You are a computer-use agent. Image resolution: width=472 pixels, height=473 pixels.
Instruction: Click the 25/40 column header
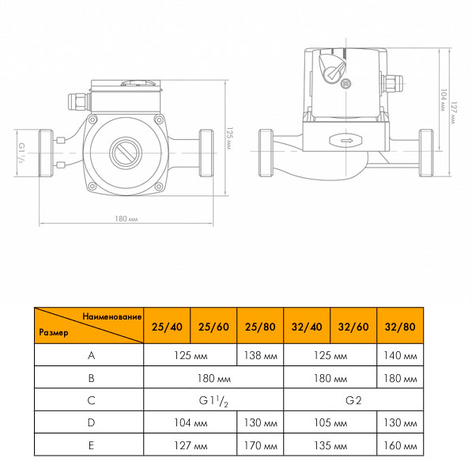167,327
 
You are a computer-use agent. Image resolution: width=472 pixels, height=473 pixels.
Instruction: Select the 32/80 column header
400,327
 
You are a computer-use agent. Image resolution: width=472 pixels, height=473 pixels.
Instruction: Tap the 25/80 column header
260,327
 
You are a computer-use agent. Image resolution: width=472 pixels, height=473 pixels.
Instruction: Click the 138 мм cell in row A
260,356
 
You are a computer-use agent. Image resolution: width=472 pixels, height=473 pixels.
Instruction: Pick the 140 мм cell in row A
400,356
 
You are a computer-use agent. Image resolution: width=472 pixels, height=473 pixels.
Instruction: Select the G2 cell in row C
353,400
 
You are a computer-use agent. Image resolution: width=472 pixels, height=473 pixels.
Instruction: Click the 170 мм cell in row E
260,445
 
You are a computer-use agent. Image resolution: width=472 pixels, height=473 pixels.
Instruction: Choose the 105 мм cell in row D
330,422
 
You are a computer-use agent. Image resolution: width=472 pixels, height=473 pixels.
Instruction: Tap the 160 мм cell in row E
400,445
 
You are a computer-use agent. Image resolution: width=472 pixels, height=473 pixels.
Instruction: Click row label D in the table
91,422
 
